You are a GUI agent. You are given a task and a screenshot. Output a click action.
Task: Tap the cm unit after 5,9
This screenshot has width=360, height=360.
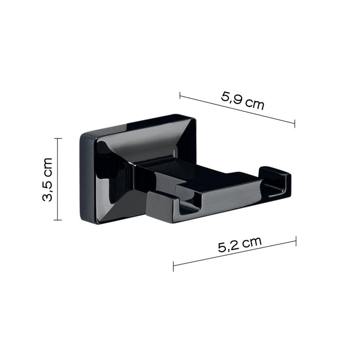pyautogui.click(x=255, y=104)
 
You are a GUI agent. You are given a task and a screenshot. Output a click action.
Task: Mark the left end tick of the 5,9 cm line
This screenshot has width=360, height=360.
pyautogui.click(x=180, y=95)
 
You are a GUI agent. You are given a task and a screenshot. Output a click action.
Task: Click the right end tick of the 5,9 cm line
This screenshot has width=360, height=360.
pyautogui.click(x=295, y=123)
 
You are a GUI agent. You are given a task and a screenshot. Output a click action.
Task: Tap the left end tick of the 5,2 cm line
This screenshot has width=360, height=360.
pyautogui.click(x=174, y=266)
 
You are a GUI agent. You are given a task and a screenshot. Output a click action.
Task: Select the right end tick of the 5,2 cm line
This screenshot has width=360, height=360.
pyautogui.click(x=296, y=241)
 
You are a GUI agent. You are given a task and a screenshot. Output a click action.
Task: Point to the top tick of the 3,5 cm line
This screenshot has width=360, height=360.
pyautogui.click(x=58, y=138)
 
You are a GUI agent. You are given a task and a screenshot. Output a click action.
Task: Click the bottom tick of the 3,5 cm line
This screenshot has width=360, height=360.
pyautogui.click(x=58, y=220)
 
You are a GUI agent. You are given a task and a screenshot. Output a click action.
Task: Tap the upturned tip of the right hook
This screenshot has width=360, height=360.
pyautogui.click(x=275, y=177)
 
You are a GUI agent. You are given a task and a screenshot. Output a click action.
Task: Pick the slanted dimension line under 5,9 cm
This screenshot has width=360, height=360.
pyautogui.click(x=237, y=110)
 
